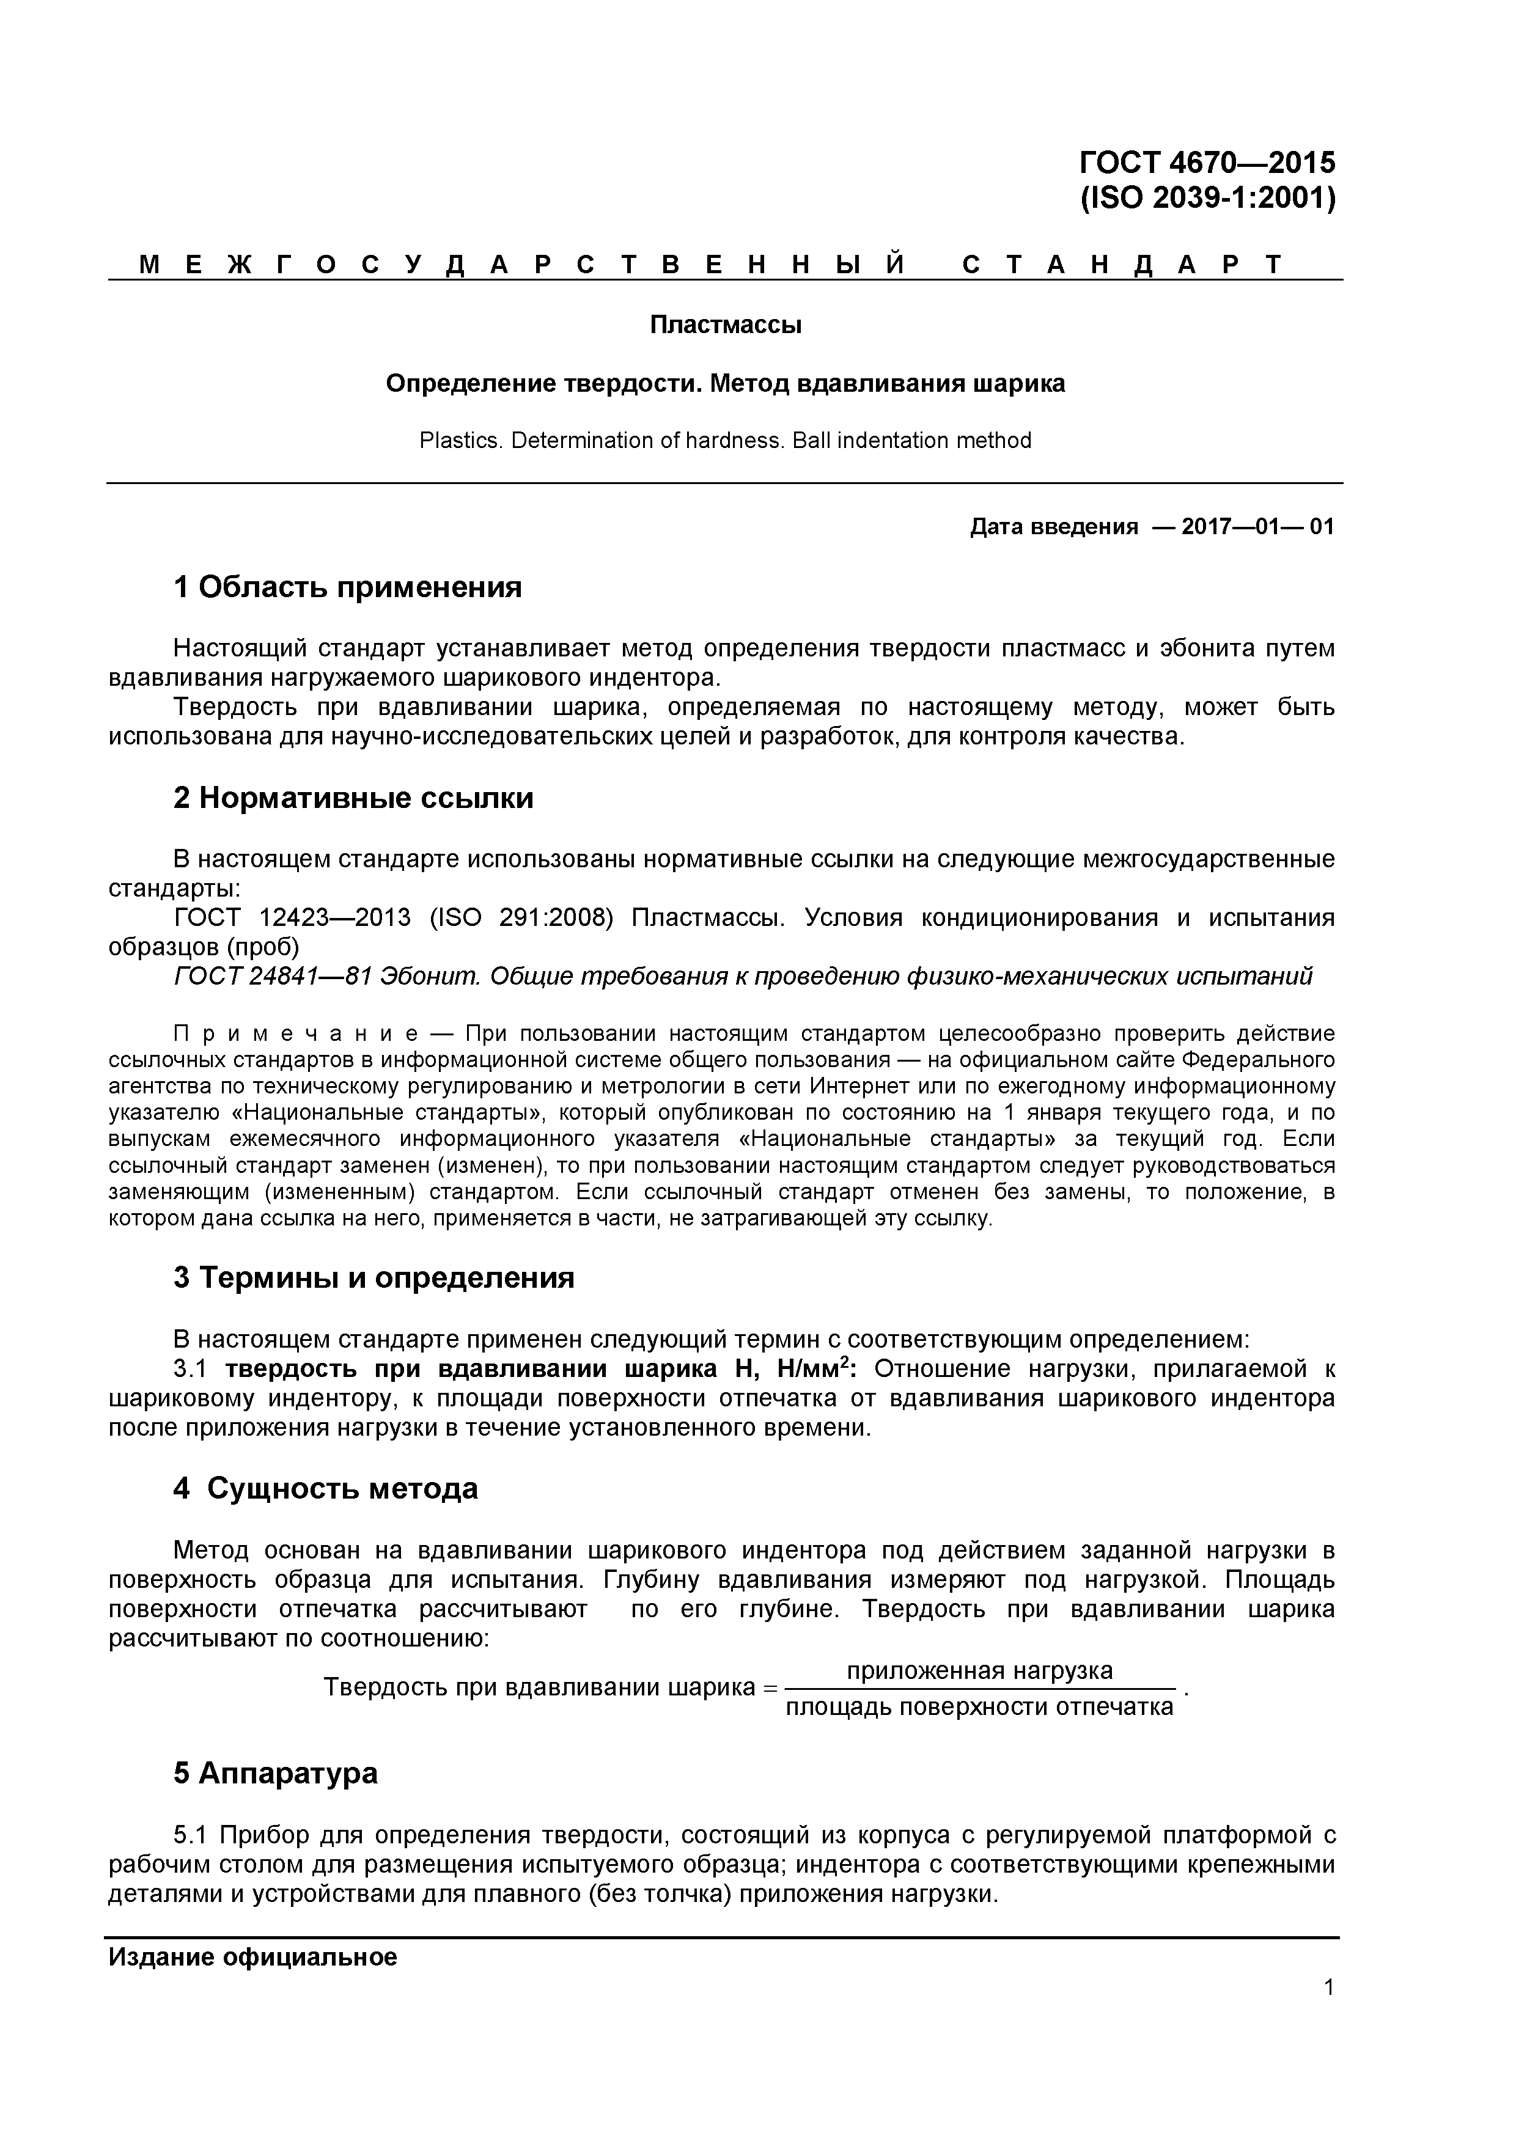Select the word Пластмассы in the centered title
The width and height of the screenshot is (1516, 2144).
[725, 325]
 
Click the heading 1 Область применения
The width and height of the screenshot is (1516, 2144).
[347, 587]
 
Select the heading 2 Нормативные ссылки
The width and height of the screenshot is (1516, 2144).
[353, 798]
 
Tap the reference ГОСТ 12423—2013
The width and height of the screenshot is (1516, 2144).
[292, 918]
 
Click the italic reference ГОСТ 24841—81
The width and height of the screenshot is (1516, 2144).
[273, 977]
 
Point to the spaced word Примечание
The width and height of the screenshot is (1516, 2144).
[295, 1033]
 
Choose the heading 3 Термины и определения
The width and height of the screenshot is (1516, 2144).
[373, 1277]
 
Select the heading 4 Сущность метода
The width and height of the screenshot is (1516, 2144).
[325, 1488]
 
